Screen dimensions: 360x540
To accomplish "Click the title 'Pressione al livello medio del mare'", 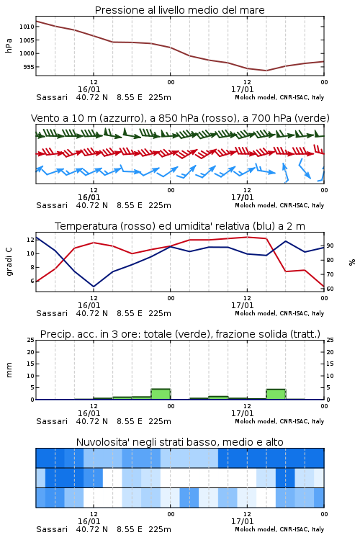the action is [179, 10].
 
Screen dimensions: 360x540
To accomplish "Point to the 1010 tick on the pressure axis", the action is [27, 27].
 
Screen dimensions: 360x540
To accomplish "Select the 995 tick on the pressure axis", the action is [29, 67].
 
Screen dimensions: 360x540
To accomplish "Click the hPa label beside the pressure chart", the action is [9, 45].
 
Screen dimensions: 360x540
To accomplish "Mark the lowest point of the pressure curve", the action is [266, 71].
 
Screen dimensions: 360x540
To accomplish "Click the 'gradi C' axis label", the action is [9, 261].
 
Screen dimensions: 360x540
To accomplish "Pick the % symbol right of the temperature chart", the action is [352, 262].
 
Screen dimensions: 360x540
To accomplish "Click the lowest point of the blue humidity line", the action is [94, 287].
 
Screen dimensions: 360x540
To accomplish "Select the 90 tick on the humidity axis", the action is [330, 246].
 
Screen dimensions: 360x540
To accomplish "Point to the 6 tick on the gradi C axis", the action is [32, 281].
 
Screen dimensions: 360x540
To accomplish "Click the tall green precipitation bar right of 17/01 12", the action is [276, 395].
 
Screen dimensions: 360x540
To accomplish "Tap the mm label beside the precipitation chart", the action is [9, 370].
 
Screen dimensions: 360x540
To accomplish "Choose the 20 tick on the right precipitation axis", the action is [330, 352].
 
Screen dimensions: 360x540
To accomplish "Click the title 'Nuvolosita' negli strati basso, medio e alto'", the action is [179, 442].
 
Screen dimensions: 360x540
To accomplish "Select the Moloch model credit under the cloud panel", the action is [279, 529].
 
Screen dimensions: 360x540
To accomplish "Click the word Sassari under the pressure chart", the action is [52, 97].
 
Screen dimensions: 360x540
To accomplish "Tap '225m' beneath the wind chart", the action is [160, 205].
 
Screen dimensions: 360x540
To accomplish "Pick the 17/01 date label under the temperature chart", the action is [242, 305].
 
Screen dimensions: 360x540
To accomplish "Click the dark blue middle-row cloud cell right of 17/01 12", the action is [285, 477].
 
